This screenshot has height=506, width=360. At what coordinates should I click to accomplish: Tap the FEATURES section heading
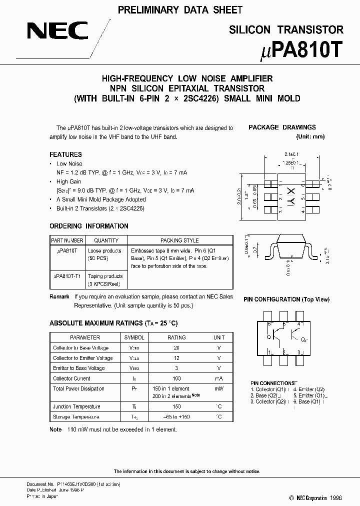pos(65,154)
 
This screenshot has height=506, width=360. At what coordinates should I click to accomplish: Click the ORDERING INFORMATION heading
pos(89,226)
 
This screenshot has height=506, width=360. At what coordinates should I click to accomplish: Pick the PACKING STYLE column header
pos(179,240)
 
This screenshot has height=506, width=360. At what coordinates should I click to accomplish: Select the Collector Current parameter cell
pos(71,378)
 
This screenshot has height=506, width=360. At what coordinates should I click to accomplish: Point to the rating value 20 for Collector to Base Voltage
pos(176,348)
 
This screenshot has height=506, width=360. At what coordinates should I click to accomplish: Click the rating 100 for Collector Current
pos(176,378)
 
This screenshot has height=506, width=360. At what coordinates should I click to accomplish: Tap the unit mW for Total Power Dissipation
pos(219,388)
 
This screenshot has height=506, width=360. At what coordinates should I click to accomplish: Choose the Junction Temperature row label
pos(76,406)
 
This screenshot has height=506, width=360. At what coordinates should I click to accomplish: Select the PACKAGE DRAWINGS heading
pos(282,127)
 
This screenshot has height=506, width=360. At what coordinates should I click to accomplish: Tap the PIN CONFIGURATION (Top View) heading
pos(286,299)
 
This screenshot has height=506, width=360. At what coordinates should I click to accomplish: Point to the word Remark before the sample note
pos(59,296)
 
